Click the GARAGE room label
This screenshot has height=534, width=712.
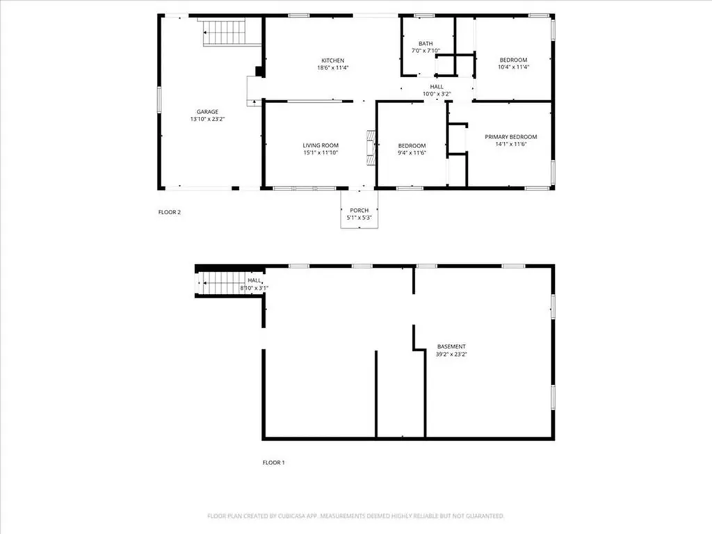(x=207, y=111)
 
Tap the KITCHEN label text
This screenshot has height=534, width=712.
(x=332, y=60)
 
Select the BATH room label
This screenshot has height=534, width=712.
(x=426, y=43)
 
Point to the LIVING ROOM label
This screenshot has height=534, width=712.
(x=321, y=145)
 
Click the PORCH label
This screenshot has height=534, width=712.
(x=359, y=210)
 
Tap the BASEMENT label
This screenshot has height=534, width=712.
(x=451, y=346)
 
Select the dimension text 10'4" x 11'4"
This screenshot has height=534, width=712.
(x=514, y=67)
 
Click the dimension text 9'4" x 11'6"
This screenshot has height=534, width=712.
(x=411, y=153)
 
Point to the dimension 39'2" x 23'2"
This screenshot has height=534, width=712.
(x=451, y=355)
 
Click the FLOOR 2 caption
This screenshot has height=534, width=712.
(x=170, y=212)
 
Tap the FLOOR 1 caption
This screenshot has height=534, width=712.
(x=273, y=462)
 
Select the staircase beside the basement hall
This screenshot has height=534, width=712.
(x=221, y=284)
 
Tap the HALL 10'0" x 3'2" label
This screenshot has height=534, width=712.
(x=437, y=90)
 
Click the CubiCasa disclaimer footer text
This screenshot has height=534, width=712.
(x=356, y=516)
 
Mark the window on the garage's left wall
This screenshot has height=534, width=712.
(x=159, y=98)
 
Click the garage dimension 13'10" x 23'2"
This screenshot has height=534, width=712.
(x=207, y=119)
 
